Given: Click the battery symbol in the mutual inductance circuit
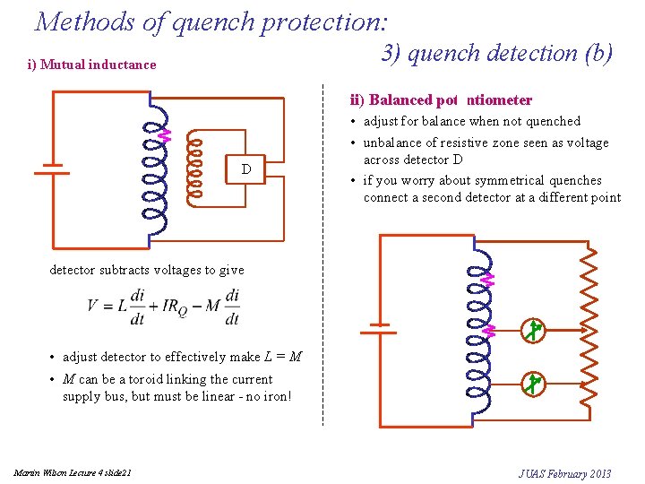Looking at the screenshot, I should [x=52, y=169].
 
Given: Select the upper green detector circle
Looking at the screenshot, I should [x=533, y=330].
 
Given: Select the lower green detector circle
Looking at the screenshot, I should [x=533, y=384].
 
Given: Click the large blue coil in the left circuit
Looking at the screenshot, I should [x=152, y=170].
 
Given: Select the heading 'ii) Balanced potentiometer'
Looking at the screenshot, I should [x=441, y=100].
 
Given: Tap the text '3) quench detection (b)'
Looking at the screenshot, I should [x=497, y=53].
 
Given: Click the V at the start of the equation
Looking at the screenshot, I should [x=93, y=306].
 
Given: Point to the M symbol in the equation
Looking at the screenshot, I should [x=212, y=306].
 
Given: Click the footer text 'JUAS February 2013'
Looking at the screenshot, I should [x=564, y=473].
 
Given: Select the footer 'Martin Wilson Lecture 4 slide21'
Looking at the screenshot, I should [x=73, y=473].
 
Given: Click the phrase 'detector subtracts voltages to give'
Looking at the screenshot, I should [x=147, y=270].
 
